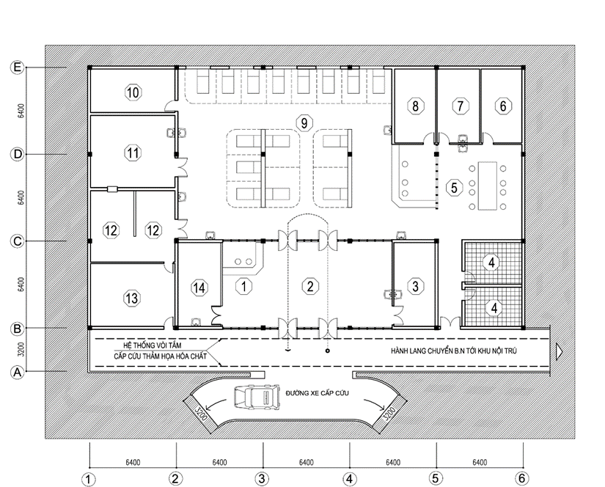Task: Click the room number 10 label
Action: click(x=133, y=92)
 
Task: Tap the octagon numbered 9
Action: click(x=304, y=123)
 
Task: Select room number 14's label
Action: click(x=199, y=288)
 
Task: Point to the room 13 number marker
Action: click(x=131, y=299)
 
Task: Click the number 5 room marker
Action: click(x=454, y=188)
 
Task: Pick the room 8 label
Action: click(x=416, y=106)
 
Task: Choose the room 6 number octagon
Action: click(x=503, y=106)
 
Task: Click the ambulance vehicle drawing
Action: click(x=257, y=397)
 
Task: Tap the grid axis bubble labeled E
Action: click(x=17, y=67)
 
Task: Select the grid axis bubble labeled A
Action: click(x=17, y=373)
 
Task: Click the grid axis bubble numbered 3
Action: click(x=262, y=479)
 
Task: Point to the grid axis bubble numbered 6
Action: click(x=522, y=478)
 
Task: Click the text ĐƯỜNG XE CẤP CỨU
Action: click(x=317, y=393)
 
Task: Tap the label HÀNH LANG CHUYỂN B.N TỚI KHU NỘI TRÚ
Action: click(x=454, y=351)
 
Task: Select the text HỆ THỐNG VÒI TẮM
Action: click(x=152, y=345)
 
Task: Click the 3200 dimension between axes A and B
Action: click(x=21, y=349)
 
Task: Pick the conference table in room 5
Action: click(x=488, y=186)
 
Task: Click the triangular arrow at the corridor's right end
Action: click(x=559, y=351)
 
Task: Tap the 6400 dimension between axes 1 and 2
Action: click(x=133, y=462)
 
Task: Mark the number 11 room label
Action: click(x=133, y=153)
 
